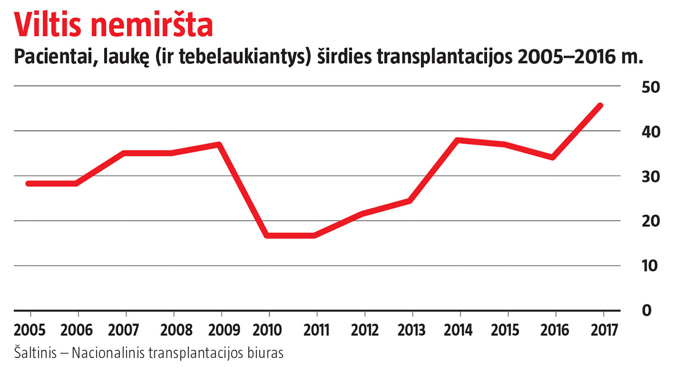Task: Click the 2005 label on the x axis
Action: tap(30, 329)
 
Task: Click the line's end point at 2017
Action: tap(600, 105)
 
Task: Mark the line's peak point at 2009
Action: tap(219, 145)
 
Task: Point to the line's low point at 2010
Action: tap(267, 235)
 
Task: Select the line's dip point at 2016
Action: tap(553, 157)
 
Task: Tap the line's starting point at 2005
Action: tap(29, 183)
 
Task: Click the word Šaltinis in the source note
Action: tap(34, 353)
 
